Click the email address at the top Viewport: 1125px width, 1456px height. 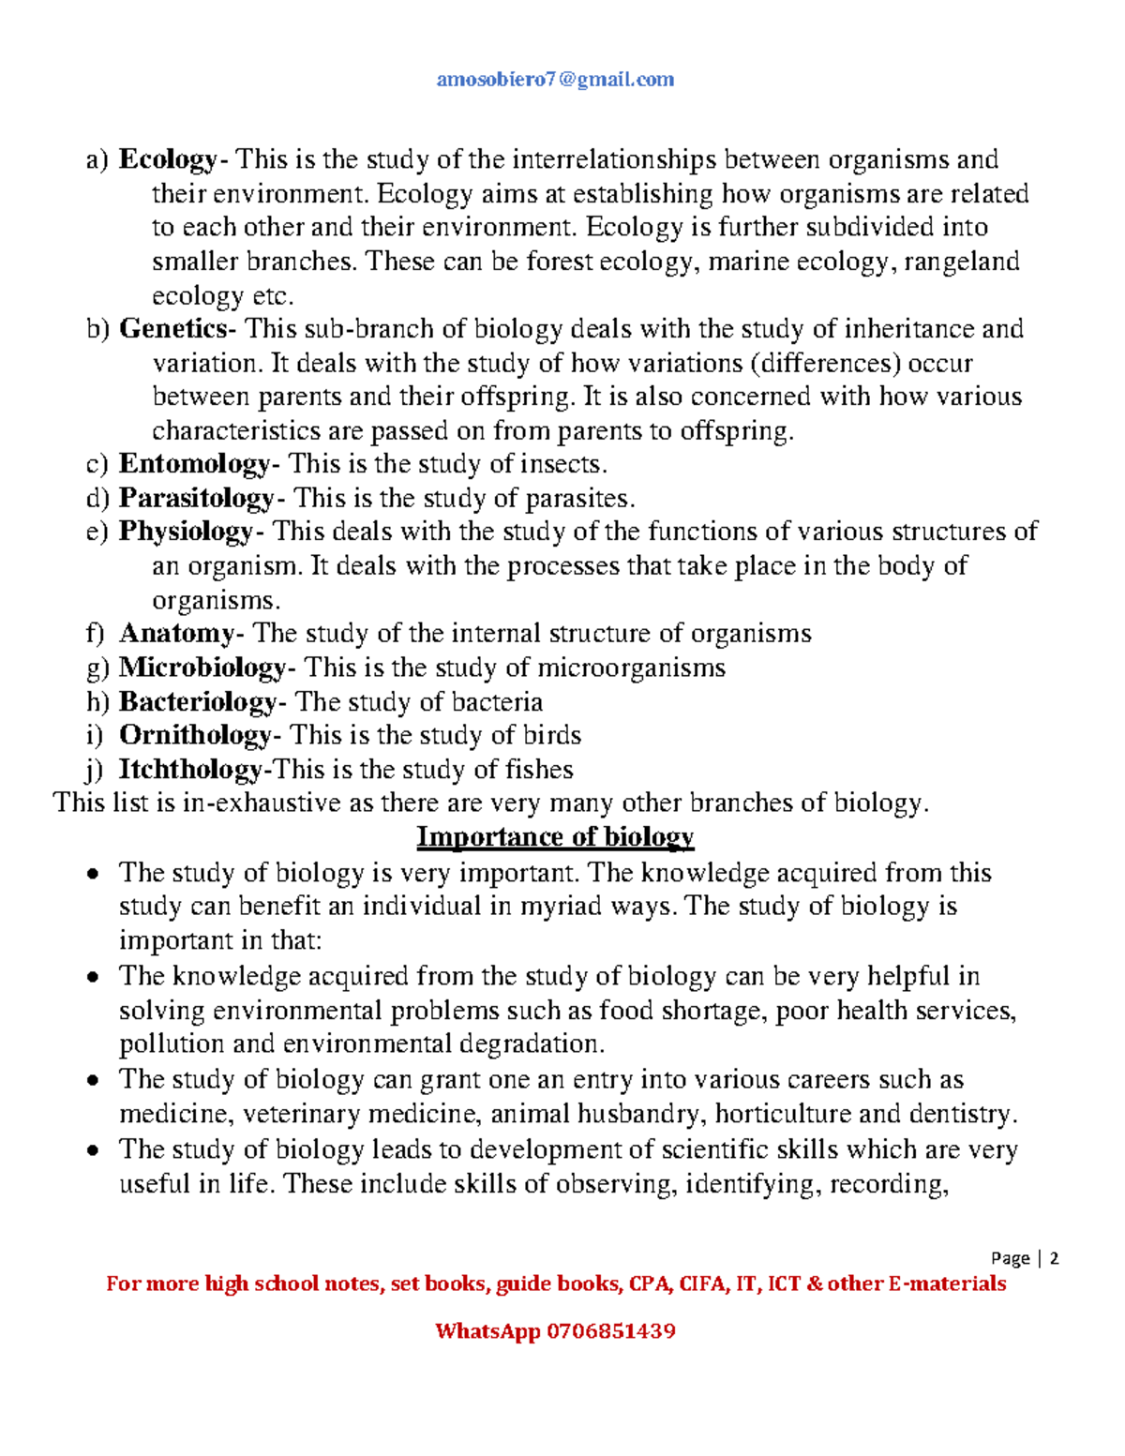click(x=555, y=80)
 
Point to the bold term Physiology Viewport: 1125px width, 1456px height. click(x=186, y=532)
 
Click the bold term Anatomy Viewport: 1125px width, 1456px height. click(x=176, y=634)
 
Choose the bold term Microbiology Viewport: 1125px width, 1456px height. click(x=202, y=668)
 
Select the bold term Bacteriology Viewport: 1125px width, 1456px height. click(x=198, y=702)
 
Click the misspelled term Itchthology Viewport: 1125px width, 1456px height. click(x=191, y=770)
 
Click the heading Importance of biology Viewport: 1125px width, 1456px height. click(x=555, y=836)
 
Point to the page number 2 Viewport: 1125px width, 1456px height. click(x=1055, y=1258)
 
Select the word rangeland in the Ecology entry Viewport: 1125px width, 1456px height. click(x=962, y=262)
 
